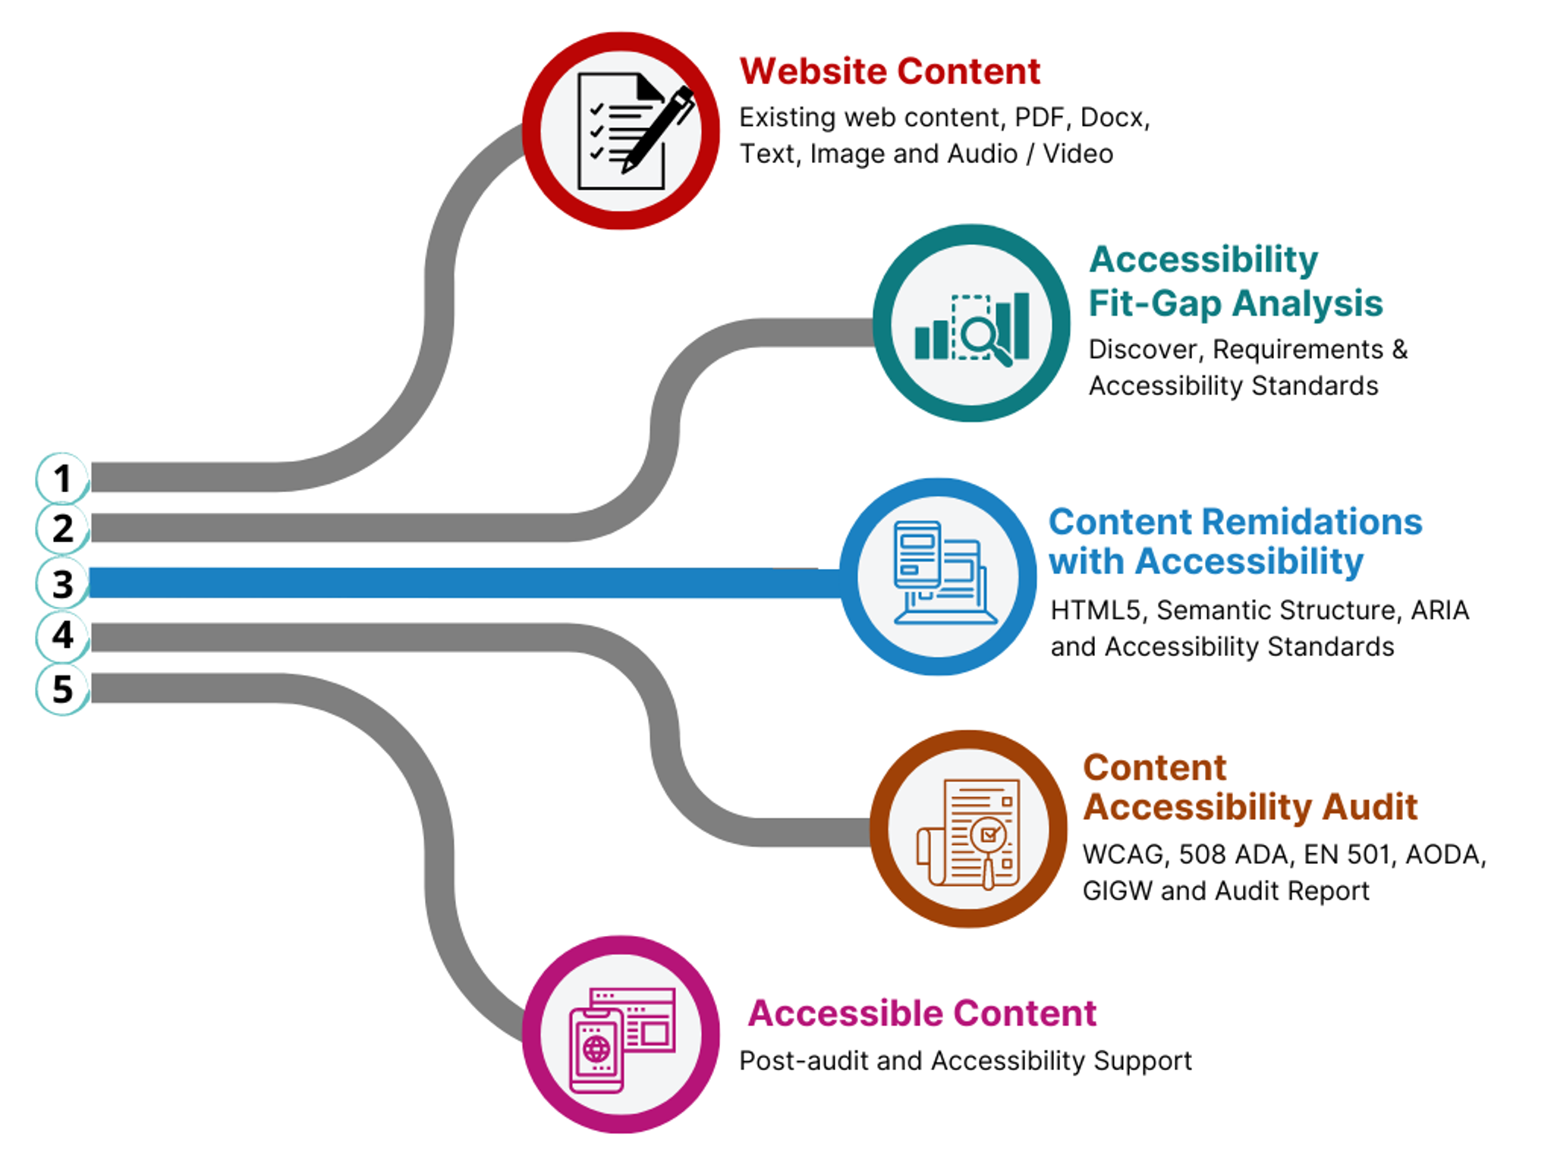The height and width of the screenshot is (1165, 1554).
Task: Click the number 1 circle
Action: pos(62,479)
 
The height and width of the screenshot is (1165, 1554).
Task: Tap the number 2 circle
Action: pos(62,529)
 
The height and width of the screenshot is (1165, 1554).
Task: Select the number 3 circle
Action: pos(62,583)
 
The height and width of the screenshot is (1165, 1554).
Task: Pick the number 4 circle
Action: pos(62,635)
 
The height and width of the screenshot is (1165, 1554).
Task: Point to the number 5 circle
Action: pos(62,689)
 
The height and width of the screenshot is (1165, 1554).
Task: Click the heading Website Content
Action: pos(889,72)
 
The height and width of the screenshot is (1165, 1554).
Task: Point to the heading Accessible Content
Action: pos(922,1013)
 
